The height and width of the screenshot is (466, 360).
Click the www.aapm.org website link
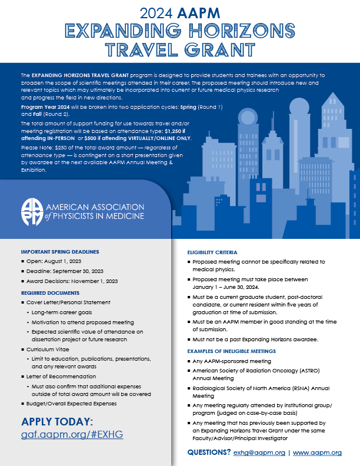pos(318,453)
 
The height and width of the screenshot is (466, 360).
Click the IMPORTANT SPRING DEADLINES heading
pos(59,252)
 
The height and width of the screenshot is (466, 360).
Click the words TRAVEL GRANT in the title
pos(179,48)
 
